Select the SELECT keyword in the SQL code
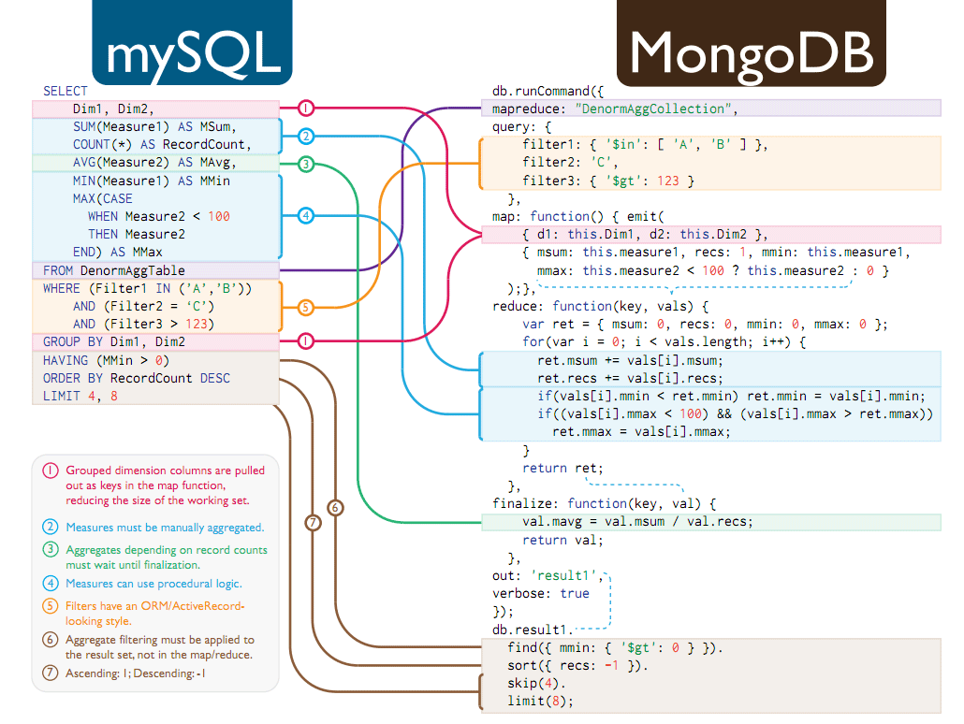(65, 91)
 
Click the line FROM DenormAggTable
(114, 270)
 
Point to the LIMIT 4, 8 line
(80, 396)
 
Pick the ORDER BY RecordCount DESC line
(137, 378)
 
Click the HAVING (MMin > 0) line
(107, 360)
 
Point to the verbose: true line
(541, 593)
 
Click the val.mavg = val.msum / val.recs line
(637, 521)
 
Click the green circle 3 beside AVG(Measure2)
(305, 164)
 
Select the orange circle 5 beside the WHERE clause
(305, 306)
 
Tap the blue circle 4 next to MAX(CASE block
(305, 216)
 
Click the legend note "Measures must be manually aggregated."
(165, 528)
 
